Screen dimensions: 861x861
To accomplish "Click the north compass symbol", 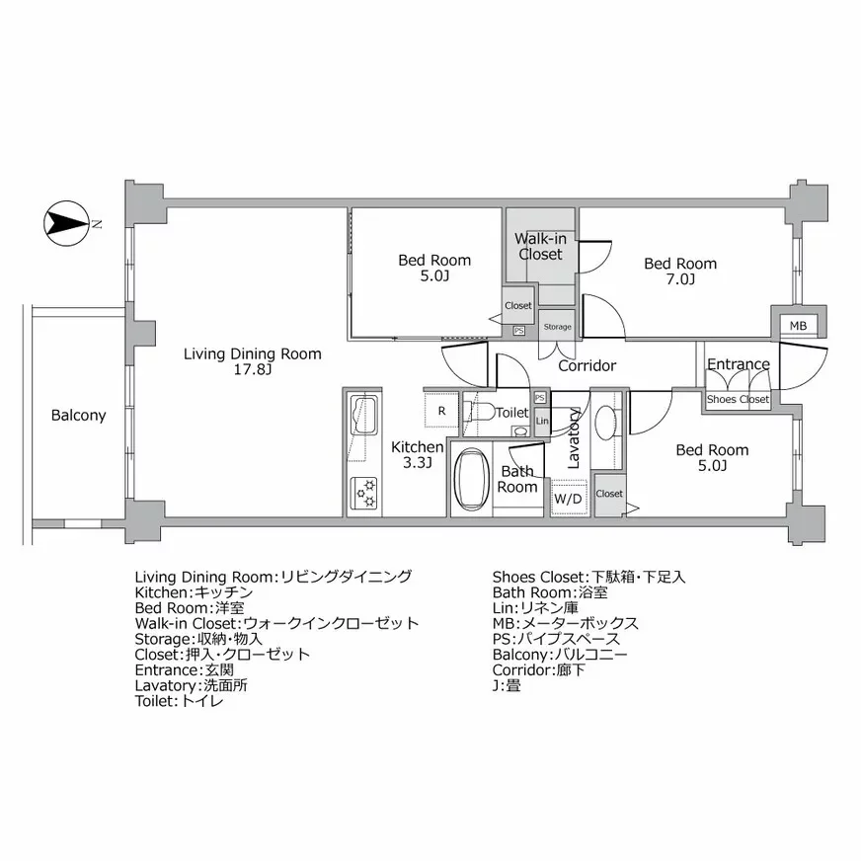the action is point(66,223).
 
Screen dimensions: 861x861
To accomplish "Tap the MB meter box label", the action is point(798,326).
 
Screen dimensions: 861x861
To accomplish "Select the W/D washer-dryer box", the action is point(569,498).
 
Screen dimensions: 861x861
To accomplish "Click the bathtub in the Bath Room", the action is point(472,480).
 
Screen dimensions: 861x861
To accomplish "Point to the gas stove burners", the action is point(364,493).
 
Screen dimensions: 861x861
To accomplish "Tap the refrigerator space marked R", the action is point(441,410).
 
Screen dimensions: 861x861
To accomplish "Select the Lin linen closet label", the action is point(542,422).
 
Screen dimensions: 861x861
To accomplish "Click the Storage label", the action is point(557,327).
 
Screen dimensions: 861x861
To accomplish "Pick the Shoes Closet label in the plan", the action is point(738,399).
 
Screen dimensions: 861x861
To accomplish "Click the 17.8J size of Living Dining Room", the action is point(252,369).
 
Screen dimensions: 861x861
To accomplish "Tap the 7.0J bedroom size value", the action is point(680,279).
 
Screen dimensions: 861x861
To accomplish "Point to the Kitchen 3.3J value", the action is point(418,463).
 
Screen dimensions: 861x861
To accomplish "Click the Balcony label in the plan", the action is point(79,415).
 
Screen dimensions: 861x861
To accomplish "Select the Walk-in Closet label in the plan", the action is point(540,247).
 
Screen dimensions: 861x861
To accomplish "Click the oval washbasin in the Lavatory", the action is point(605,423).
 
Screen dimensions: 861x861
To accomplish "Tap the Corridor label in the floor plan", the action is point(587,365).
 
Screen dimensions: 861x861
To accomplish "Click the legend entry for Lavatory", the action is point(192,685).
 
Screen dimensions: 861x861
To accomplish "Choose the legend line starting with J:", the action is point(507,685).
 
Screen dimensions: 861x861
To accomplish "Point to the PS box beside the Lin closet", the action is point(540,398).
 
